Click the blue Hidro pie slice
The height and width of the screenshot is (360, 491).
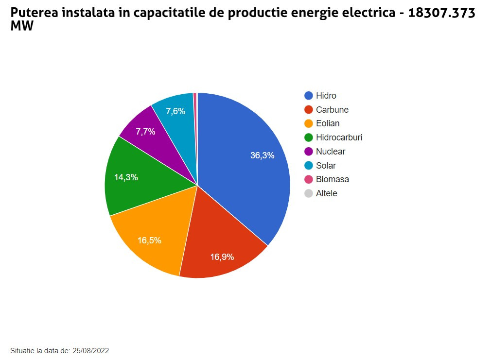point(243,170)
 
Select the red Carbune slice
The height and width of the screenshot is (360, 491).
point(219,243)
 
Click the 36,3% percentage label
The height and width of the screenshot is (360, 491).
point(262,155)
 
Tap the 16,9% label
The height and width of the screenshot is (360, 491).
point(222,257)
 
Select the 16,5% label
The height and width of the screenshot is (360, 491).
point(149,240)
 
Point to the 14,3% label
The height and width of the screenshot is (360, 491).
point(126,177)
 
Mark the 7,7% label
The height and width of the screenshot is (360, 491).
point(145,132)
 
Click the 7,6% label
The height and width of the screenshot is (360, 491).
point(175,111)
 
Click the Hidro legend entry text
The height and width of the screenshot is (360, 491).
point(326,96)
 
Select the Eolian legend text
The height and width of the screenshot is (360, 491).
point(328,123)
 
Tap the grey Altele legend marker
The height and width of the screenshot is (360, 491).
point(308,193)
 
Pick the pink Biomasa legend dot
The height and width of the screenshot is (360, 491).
point(308,179)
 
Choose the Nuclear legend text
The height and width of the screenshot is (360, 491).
point(331,152)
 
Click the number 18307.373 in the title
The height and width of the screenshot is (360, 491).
point(441,13)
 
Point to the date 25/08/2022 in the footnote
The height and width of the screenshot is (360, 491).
point(90,350)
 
